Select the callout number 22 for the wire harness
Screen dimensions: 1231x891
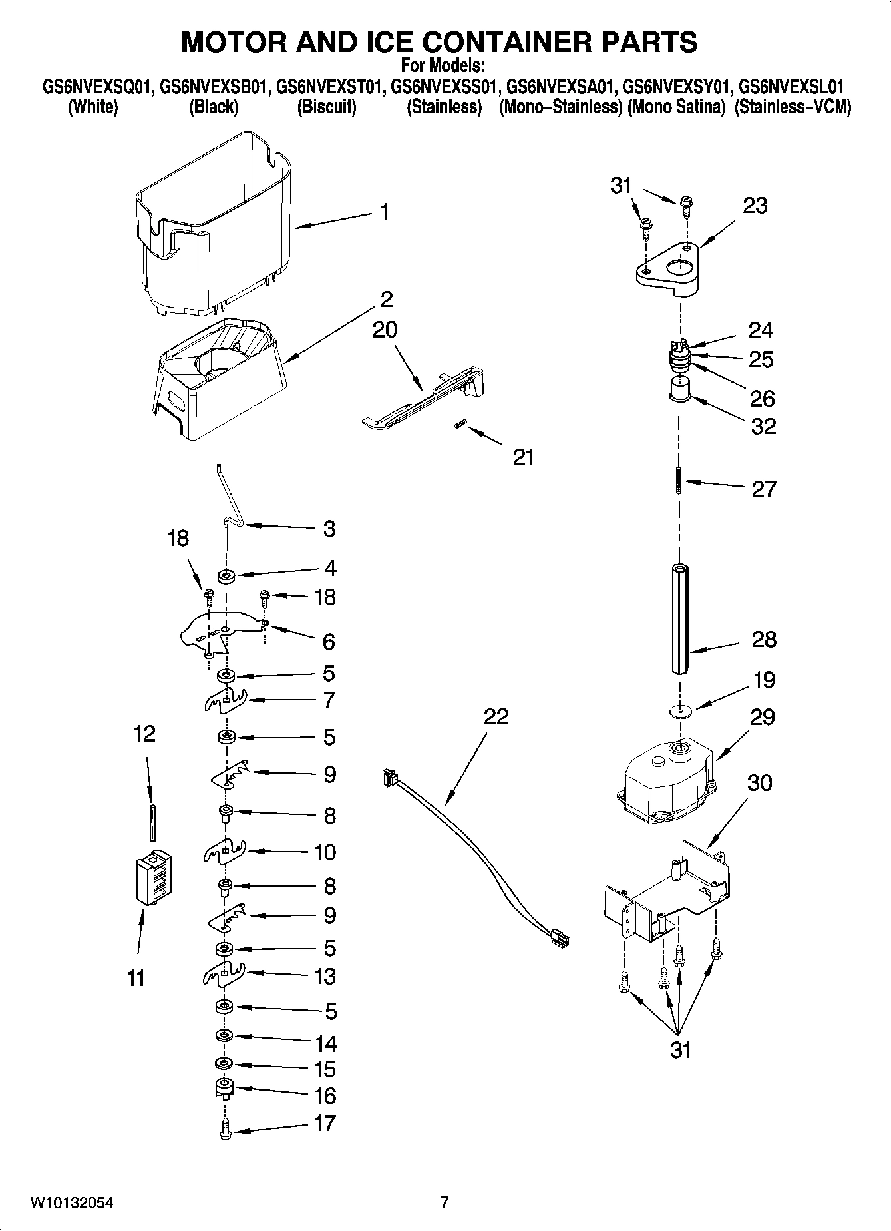496,716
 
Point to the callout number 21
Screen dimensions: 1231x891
524,457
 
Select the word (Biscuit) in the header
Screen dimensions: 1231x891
326,107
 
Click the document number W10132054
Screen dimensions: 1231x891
72,1202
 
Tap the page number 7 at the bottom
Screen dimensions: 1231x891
445,1202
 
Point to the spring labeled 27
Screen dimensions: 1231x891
679,480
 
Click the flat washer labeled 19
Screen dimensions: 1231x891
680,712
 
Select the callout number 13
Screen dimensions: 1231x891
325,976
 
